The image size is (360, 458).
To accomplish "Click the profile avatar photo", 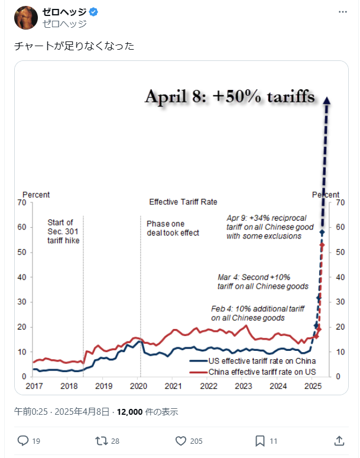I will pyautogui.click(x=25, y=18).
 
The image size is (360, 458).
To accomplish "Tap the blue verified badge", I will pyautogui.click(x=93, y=12).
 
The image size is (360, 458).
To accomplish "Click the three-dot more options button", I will pyautogui.click(x=343, y=12).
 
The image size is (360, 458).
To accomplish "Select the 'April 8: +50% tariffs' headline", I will pyautogui.click(x=230, y=97).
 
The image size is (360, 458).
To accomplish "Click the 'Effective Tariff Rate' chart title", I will pyautogui.click(x=183, y=202).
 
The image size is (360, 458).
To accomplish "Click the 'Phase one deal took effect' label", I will pyautogui.click(x=173, y=228).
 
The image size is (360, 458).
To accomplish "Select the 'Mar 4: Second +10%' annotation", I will pyautogui.click(x=262, y=282).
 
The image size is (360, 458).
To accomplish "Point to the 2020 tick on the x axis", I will pyautogui.click(x=138, y=386).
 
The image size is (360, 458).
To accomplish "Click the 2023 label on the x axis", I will pyautogui.click(x=244, y=386).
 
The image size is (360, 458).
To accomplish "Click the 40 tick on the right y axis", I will pyautogui.click(x=340, y=278).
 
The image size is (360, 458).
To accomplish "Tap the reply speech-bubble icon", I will pyautogui.click(x=23, y=440).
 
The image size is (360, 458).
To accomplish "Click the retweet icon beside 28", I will pyautogui.click(x=102, y=440).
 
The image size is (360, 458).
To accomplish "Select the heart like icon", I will pyautogui.click(x=181, y=440).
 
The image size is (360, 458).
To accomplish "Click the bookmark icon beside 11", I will pyautogui.click(x=260, y=440).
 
